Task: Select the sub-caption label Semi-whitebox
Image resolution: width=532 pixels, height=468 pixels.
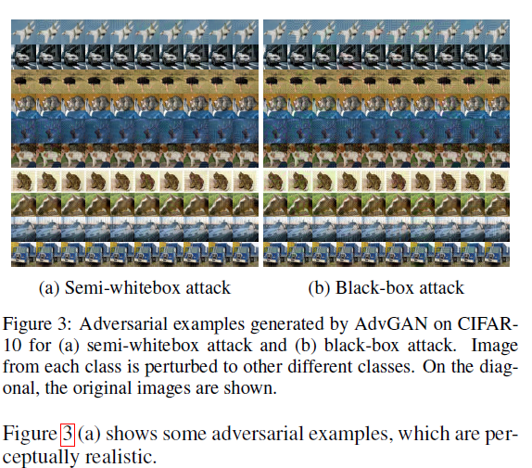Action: [x=111, y=288]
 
